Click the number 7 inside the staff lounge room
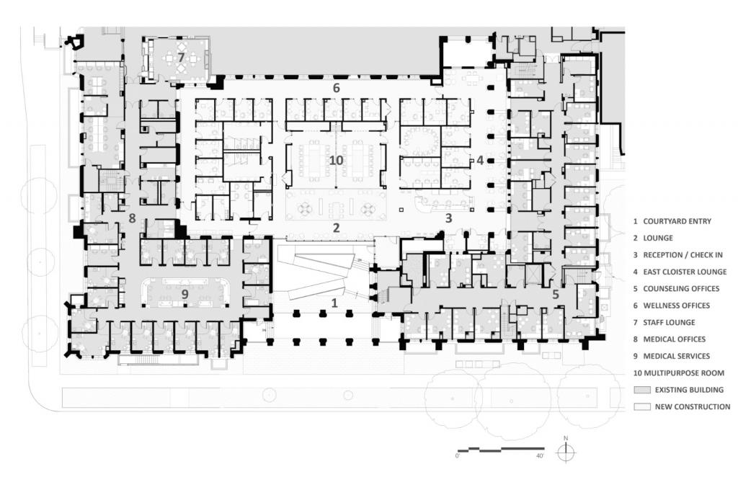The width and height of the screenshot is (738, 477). click(x=181, y=57)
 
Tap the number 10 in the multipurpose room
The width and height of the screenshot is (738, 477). click(x=336, y=160)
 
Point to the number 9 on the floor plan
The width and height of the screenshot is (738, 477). click(x=184, y=295)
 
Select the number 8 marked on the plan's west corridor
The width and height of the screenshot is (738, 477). click(x=132, y=218)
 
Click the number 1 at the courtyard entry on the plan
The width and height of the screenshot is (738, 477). click(x=334, y=303)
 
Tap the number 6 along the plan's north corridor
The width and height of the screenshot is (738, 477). click(x=336, y=88)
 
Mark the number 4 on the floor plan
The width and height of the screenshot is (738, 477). click(x=479, y=161)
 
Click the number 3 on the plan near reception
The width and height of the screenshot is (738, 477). click(x=448, y=217)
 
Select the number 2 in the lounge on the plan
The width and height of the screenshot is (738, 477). click(x=336, y=228)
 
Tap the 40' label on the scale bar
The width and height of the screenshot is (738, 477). click(x=540, y=455)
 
